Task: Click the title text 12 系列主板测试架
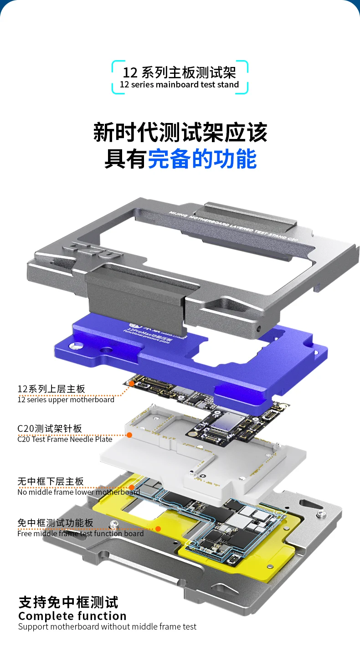tap(180, 72)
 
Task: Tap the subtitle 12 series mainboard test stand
tap(180, 85)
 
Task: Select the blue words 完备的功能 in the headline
tap(202, 159)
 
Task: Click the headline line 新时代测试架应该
tap(180, 132)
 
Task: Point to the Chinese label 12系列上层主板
tap(51, 389)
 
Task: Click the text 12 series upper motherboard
tap(66, 400)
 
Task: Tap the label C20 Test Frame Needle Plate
tap(65, 439)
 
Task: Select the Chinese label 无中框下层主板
tap(51, 481)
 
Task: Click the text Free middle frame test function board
tap(80, 533)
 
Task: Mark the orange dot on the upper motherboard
tap(132, 384)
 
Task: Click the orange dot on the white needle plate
tap(129, 435)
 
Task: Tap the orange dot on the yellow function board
tap(158, 528)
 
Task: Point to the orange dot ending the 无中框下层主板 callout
tap(132, 487)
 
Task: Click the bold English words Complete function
tap(72, 616)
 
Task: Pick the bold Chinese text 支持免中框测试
tap(68, 602)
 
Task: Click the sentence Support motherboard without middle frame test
tap(107, 627)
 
